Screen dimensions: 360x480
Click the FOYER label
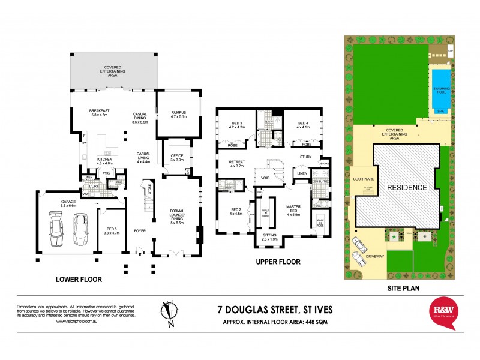tap(140, 229)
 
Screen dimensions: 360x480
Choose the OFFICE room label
tap(176, 157)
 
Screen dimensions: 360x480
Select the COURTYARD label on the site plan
tap(364, 178)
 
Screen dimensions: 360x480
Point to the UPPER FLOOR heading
tap(278, 262)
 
